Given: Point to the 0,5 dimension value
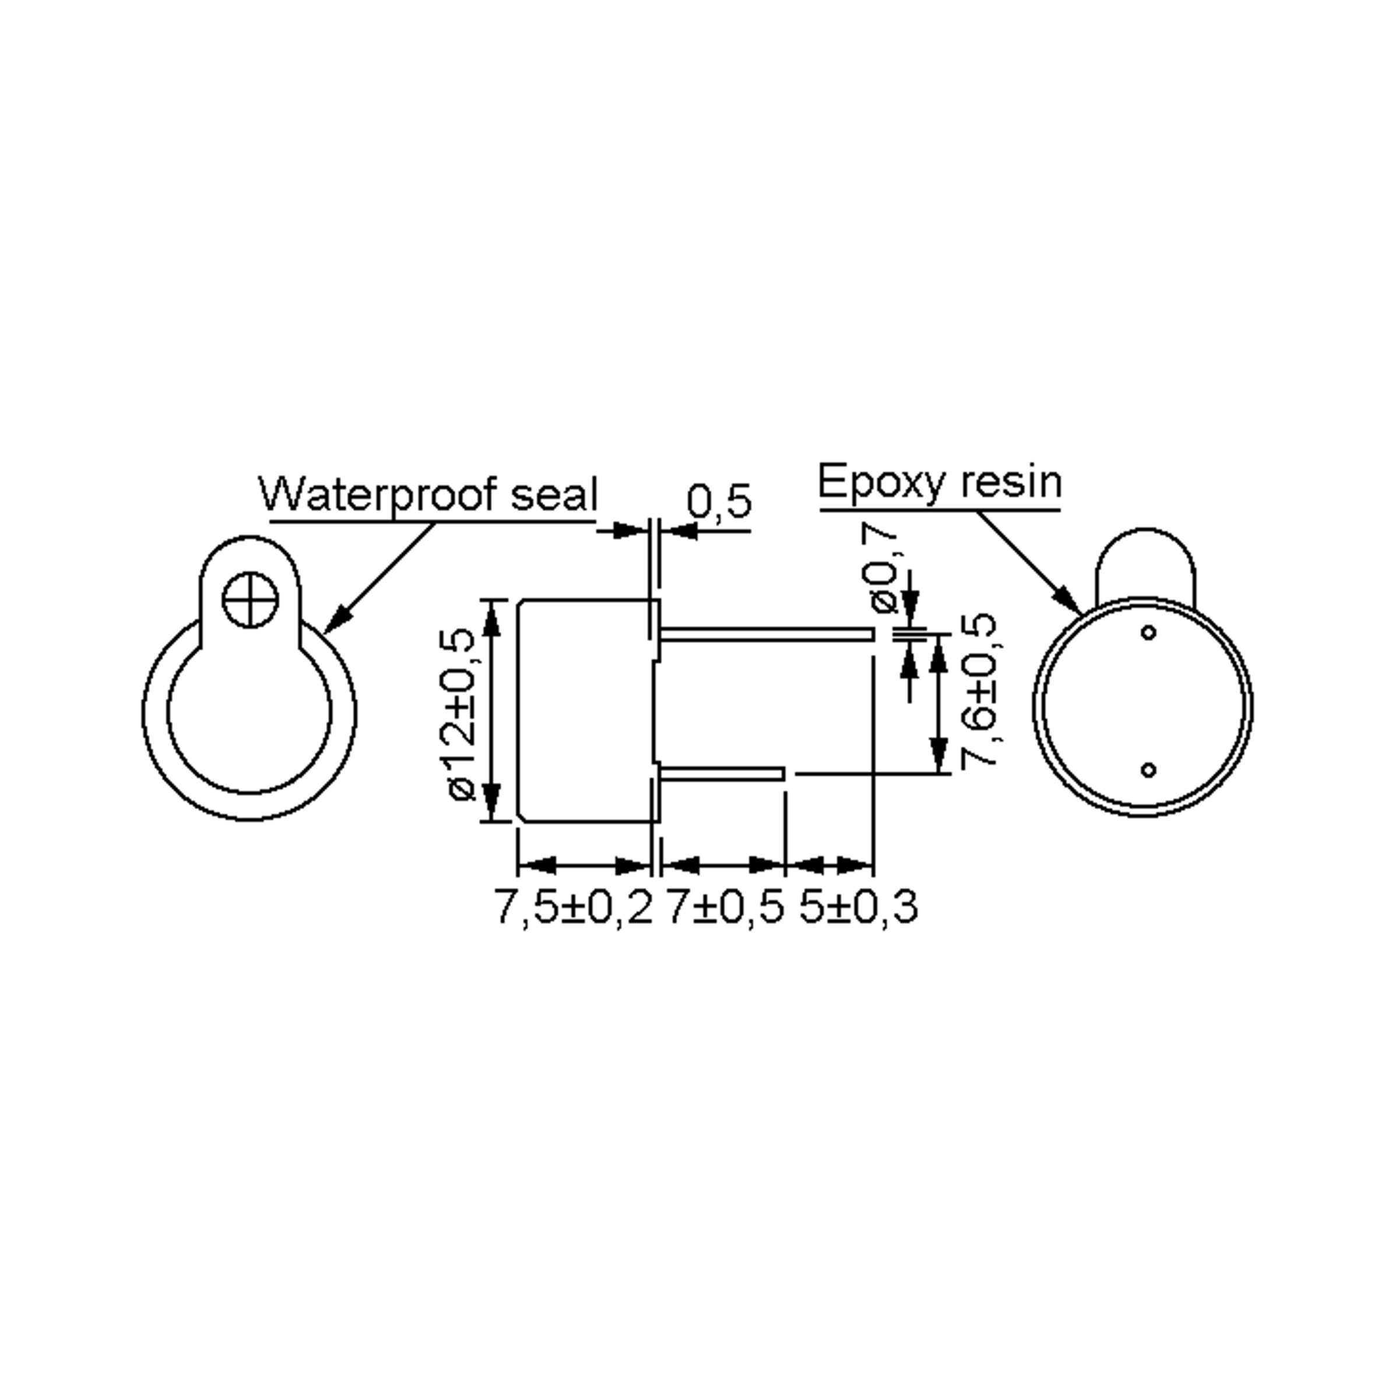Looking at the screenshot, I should (719, 501).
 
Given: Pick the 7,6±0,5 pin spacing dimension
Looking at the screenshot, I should (978, 690).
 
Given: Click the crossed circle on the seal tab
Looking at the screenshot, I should (250, 600).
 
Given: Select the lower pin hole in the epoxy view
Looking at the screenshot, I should (1148, 769).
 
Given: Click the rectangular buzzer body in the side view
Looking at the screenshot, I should (585, 709).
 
